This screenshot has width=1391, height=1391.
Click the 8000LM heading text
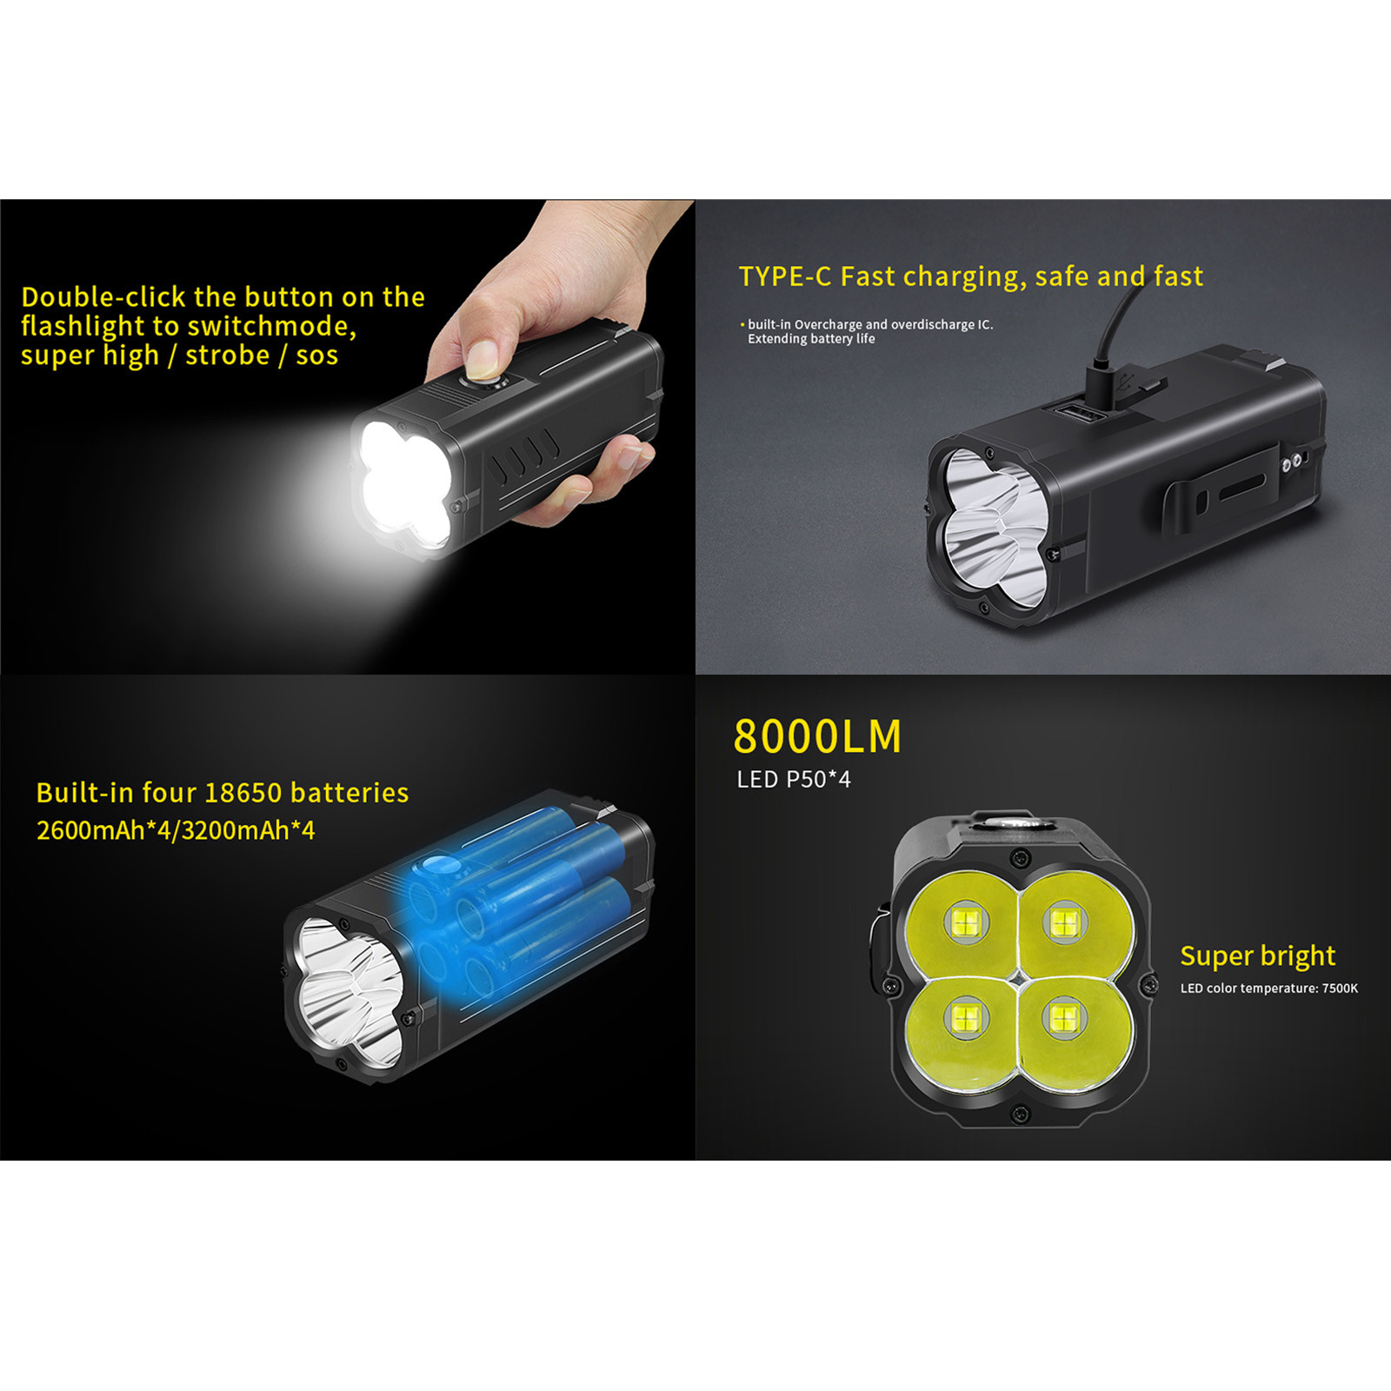click(x=817, y=736)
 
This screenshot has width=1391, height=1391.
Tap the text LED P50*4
click(x=794, y=780)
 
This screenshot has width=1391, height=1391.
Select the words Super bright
click(x=1257, y=956)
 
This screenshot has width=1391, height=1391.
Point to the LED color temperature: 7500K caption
click(x=1268, y=988)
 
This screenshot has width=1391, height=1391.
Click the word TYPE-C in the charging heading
click(x=785, y=276)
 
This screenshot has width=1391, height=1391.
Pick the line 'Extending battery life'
click(x=811, y=339)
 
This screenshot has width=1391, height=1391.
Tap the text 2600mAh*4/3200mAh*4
click(x=176, y=830)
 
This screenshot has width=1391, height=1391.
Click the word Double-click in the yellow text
click(x=103, y=297)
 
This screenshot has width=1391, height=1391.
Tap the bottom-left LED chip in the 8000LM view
click(x=965, y=1017)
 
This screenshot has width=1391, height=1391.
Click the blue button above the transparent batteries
click(x=439, y=865)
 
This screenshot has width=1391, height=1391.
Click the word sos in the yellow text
click(x=316, y=356)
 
